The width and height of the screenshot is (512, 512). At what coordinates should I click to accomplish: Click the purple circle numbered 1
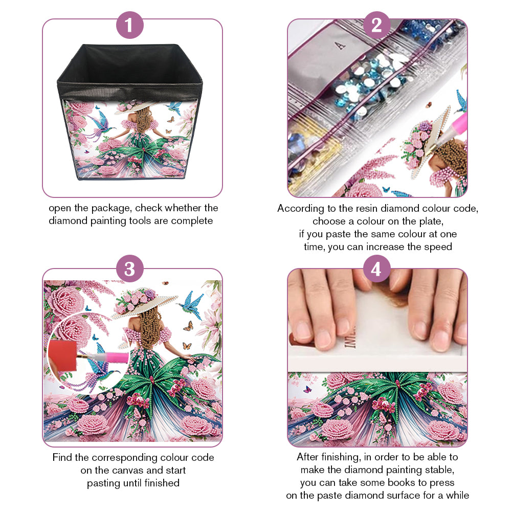click(x=130, y=25)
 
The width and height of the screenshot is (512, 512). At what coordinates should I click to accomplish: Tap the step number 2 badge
click(x=376, y=25)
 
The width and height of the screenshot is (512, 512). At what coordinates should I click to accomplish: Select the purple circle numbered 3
click(x=130, y=269)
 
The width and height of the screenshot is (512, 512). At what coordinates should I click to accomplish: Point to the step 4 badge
click(x=376, y=269)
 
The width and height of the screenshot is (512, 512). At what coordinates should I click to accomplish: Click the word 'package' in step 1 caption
click(x=112, y=209)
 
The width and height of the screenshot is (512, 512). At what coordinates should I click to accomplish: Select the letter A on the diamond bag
click(x=340, y=46)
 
